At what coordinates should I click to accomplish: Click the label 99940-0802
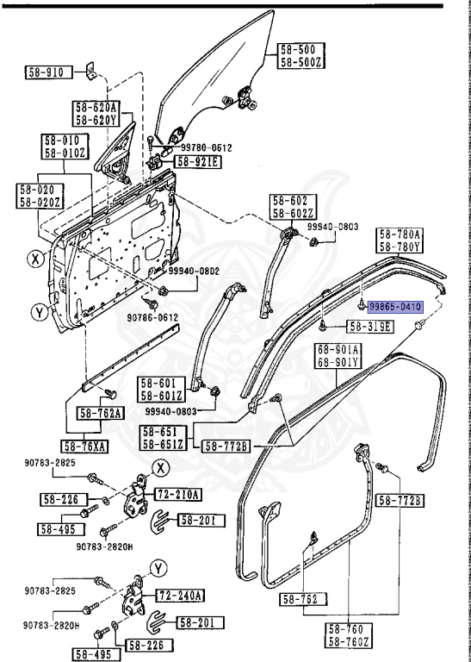coord(195,272)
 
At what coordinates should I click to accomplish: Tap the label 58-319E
coord(370,327)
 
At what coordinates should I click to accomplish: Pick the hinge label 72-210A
coord(178,494)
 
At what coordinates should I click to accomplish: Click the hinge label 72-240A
coord(179,596)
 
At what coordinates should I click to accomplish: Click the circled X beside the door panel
coord(34,256)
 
